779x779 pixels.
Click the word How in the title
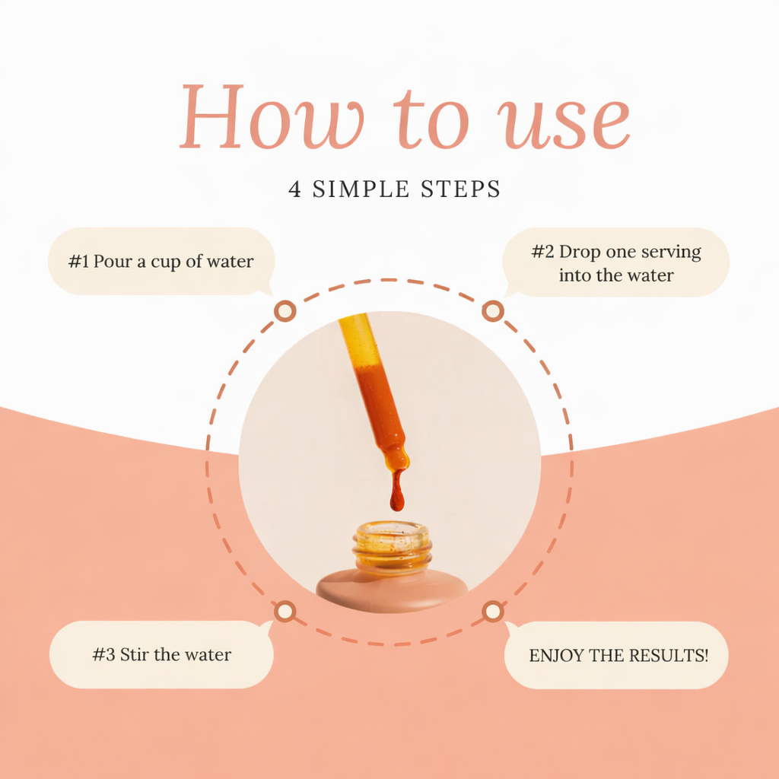272,117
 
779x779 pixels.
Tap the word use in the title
564,123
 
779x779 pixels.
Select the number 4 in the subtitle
294,189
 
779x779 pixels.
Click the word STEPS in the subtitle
460,189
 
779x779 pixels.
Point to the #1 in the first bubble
78,262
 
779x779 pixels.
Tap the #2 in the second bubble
542,251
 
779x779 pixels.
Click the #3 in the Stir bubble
103,654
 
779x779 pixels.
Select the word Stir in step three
135,654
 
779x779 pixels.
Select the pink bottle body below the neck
392,590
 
